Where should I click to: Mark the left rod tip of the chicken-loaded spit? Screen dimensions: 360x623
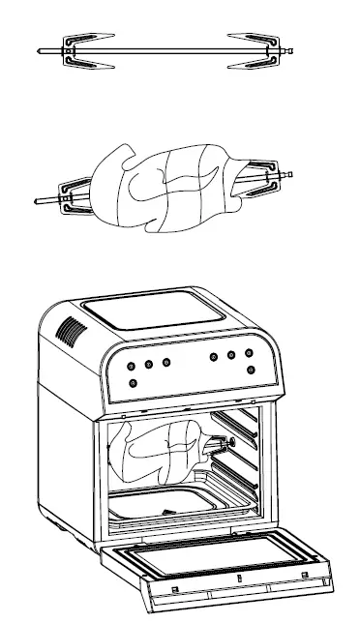(x=36, y=201)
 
